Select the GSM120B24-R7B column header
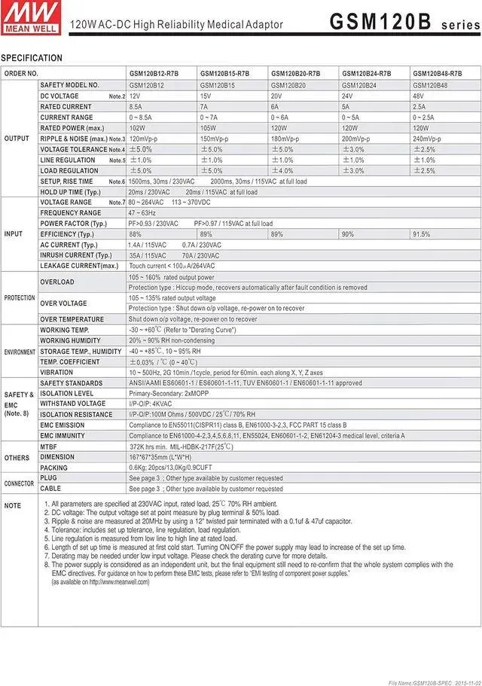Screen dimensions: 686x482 tap(366, 73)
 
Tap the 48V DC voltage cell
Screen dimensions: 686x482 tap(418, 96)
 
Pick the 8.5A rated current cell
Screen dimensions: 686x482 tap(136, 107)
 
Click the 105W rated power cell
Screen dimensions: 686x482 tap(206, 128)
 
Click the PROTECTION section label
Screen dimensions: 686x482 tap(20, 298)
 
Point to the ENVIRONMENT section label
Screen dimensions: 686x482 tap(20, 352)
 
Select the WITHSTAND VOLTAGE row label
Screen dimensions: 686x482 tap(73, 404)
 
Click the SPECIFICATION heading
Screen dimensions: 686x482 tap(32, 58)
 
